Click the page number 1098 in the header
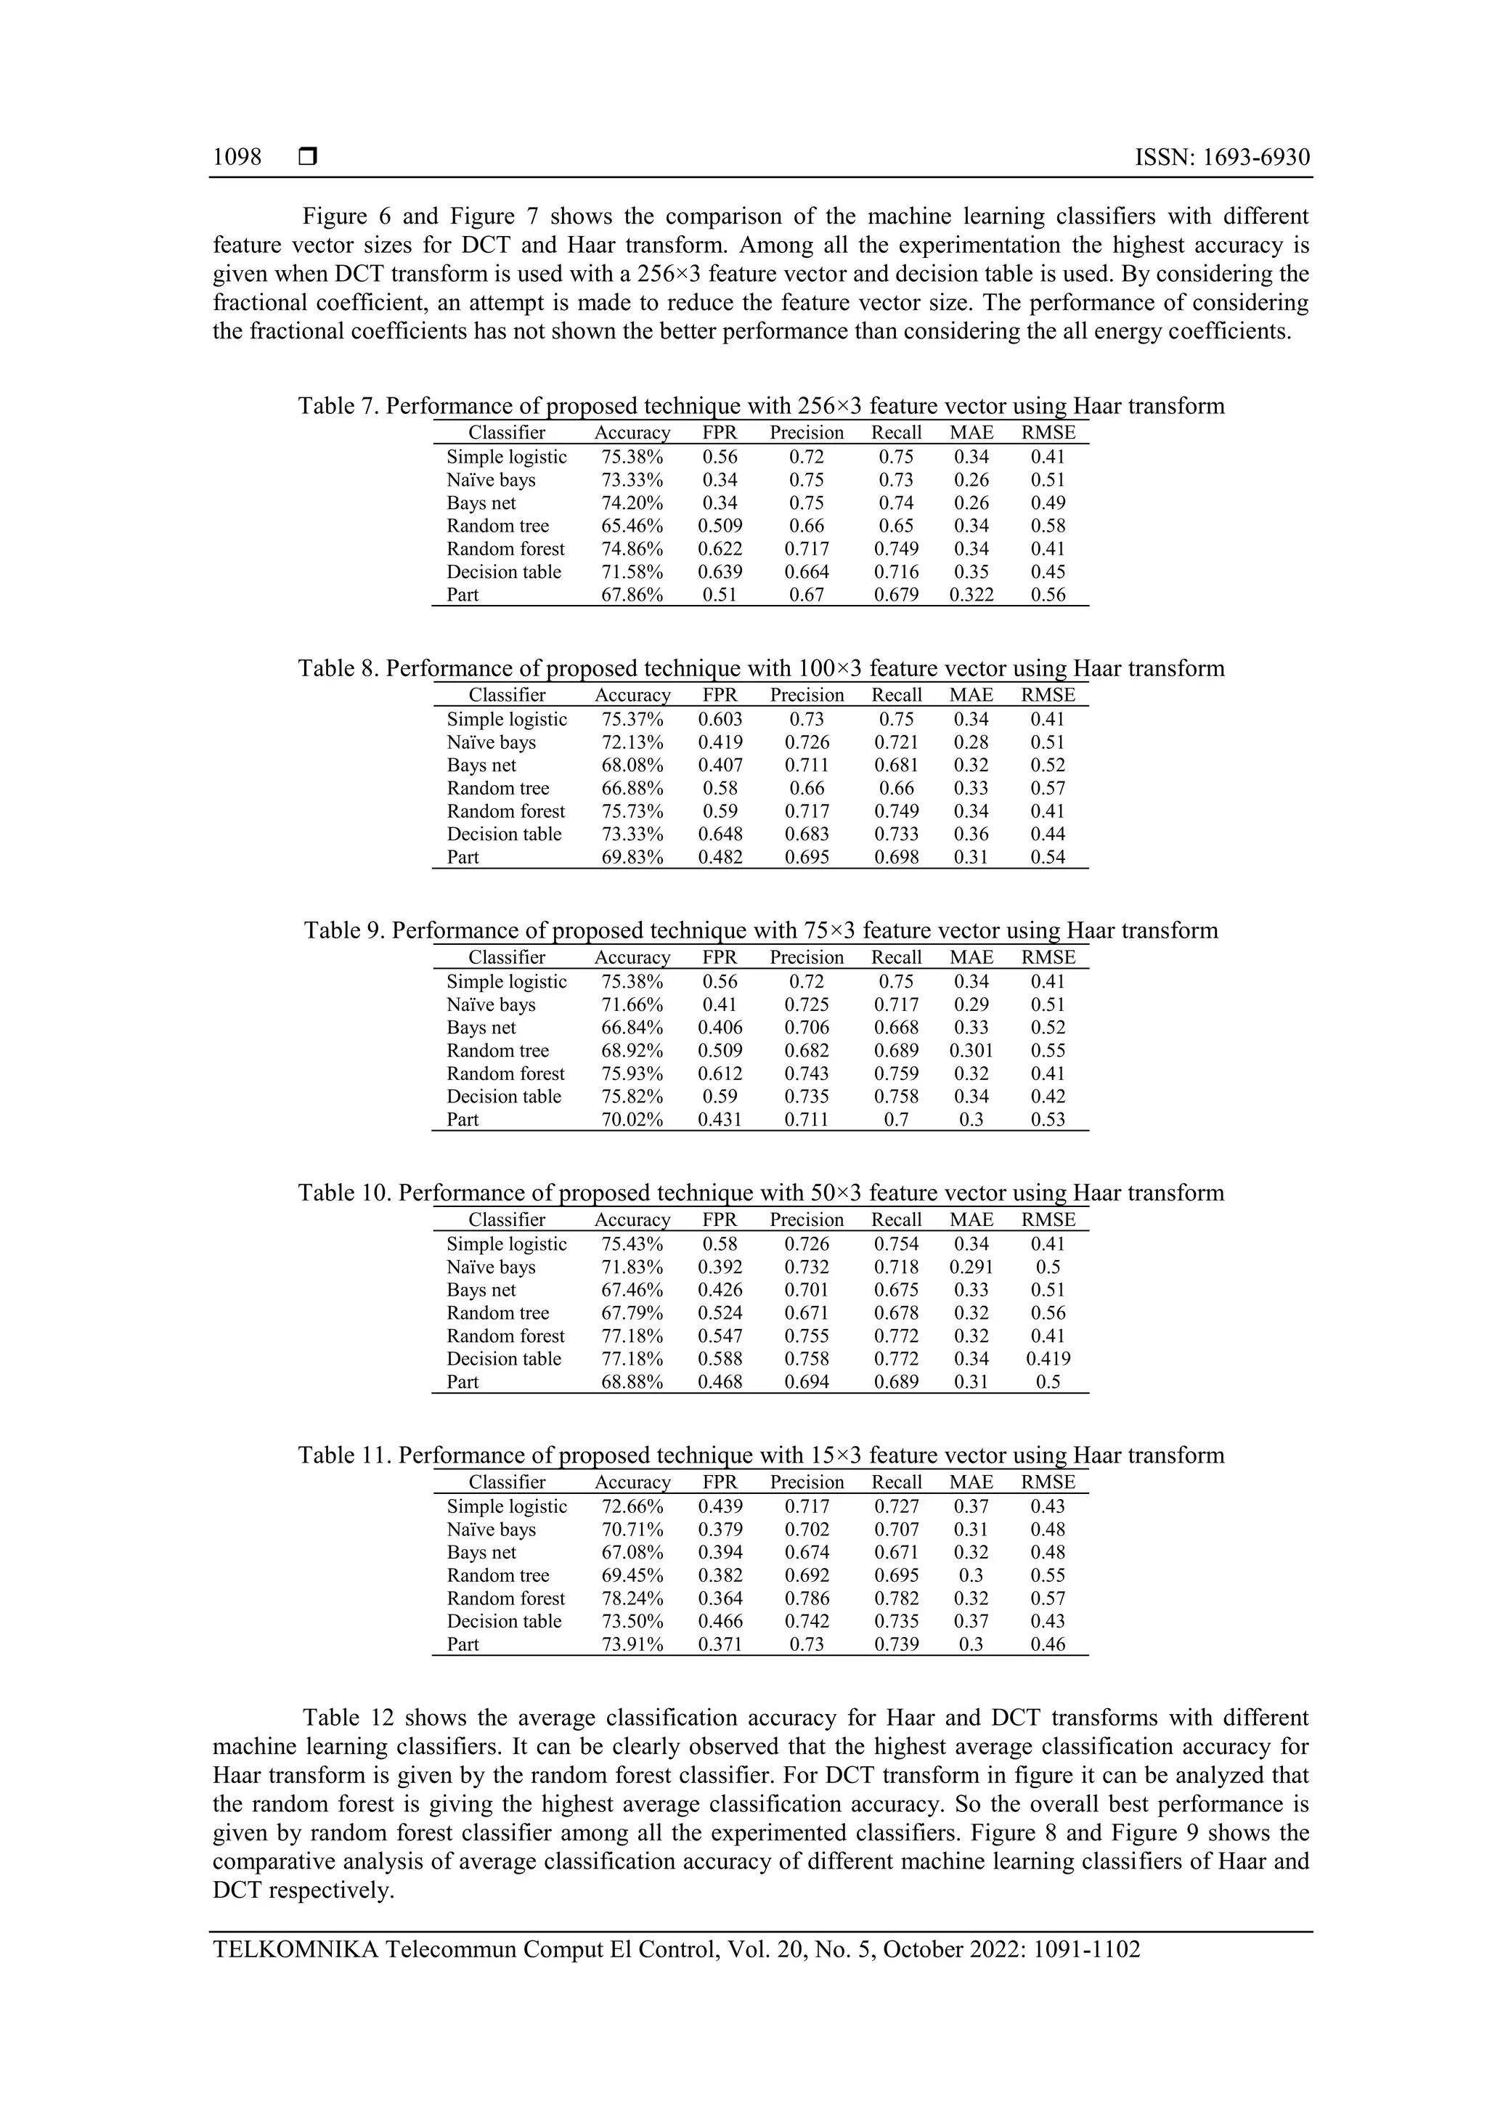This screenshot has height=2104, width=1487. pyautogui.click(x=237, y=158)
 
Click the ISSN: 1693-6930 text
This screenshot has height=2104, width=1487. pyautogui.click(x=1221, y=158)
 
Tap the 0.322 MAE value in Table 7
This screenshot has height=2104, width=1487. pyautogui.click(x=971, y=595)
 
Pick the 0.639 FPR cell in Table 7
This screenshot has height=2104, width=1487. pyautogui.click(x=720, y=572)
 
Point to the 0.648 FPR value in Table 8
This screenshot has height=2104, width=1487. pyautogui.click(x=720, y=834)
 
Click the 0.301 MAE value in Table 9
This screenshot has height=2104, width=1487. pyautogui.click(x=971, y=1050)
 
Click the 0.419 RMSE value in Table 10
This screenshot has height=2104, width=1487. pyautogui.click(x=1048, y=1359)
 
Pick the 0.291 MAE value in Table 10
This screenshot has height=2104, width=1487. pyautogui.click(x=971, y=1267)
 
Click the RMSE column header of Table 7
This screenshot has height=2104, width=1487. pyautogui.click(x=1048, y=433)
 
